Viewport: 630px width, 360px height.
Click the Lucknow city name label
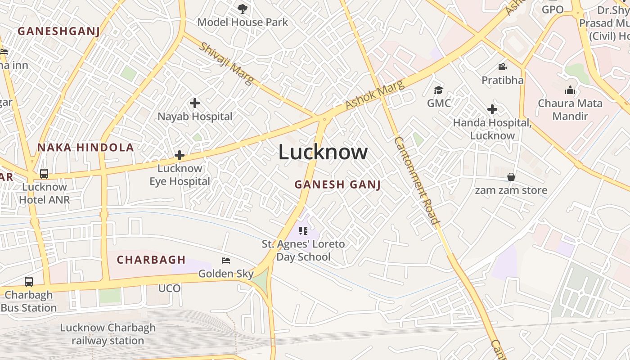323,152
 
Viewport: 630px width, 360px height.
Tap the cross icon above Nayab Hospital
195,103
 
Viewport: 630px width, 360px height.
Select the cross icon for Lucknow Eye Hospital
180,156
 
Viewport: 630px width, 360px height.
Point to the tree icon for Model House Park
243,9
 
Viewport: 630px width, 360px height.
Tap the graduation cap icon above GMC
438,90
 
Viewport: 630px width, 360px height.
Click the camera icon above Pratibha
502,67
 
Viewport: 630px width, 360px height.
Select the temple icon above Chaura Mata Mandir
570,90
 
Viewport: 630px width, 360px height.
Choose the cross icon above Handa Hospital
492,109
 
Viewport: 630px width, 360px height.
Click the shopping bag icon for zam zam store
511,177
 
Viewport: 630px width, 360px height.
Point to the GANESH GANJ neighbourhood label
337,184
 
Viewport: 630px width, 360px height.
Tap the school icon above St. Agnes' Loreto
303,231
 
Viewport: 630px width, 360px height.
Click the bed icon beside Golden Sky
226,261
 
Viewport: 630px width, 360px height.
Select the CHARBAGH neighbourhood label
151,260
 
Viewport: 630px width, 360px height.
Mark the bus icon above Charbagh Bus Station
29,282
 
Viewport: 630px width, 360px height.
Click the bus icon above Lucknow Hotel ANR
44,173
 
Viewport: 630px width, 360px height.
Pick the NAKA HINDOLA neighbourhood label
85,147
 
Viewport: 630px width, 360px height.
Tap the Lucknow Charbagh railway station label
108,334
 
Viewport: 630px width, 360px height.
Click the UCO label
170,288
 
